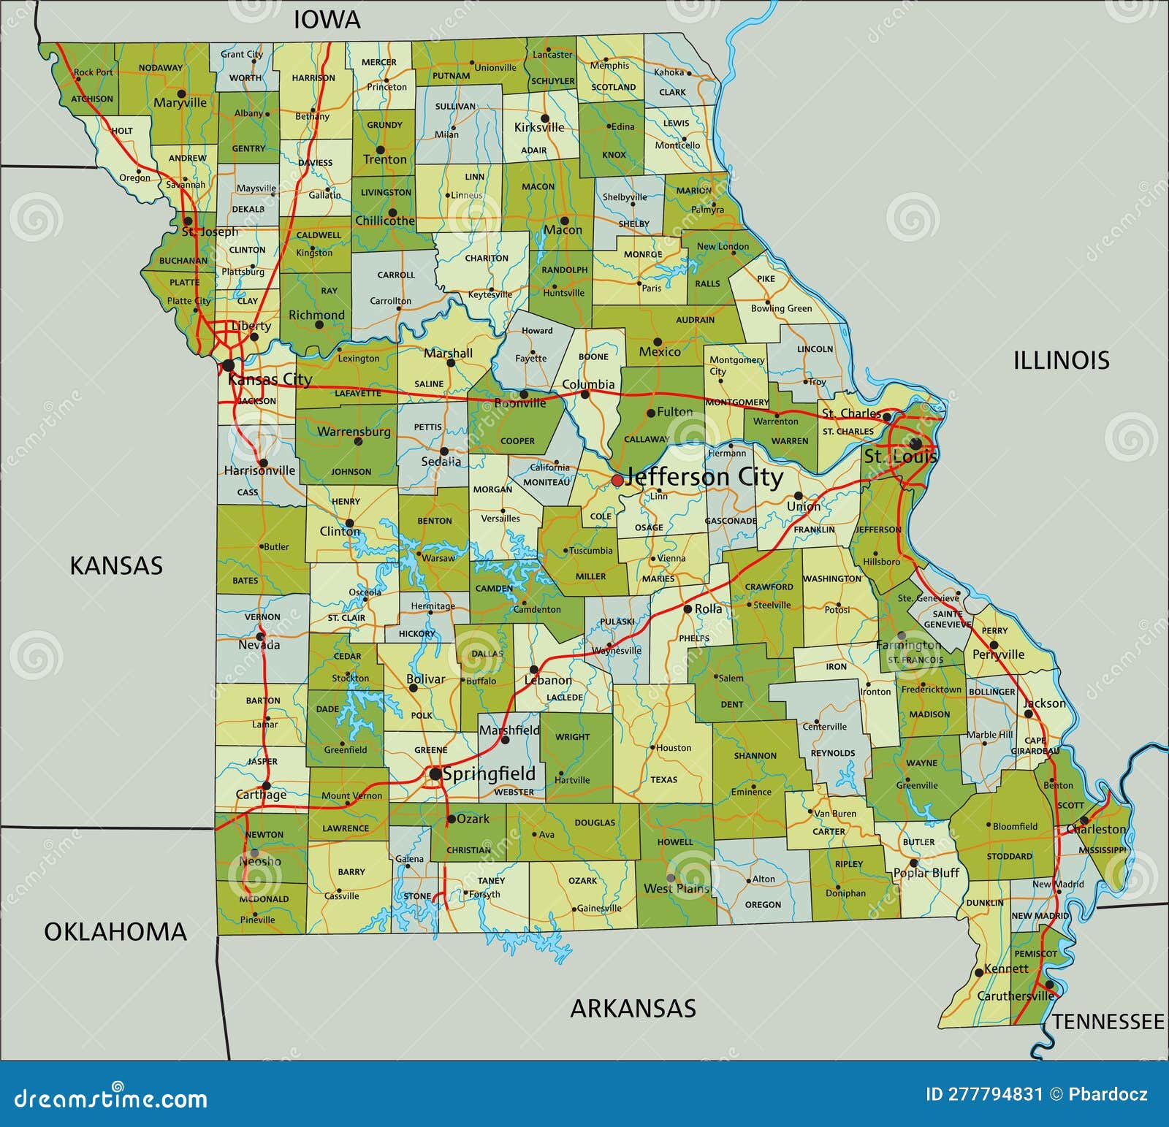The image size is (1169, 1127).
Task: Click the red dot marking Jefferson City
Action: [x=617, y=480]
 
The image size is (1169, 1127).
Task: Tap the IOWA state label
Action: [x=327, y=20]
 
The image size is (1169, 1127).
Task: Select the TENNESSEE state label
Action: [x=1108, y=1021]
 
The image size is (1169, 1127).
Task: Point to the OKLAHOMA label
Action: [x=115, y=931]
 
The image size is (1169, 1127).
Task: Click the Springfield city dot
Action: [x=435, y=773]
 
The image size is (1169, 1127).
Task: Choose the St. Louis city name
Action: [x=900, y=457]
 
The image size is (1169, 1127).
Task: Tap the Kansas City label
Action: [x=270, y=379]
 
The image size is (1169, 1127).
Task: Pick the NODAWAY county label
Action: [x=161, y=68]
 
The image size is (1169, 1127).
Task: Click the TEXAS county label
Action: [x=664, y=779]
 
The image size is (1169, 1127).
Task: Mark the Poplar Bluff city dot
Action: [x=913, y=863]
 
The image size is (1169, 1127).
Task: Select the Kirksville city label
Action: [x=539, y=128]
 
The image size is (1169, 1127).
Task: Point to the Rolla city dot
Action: [x=688, y=608]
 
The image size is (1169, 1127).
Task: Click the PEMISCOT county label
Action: [x=1035, y=953]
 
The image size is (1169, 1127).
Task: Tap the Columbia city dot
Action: [x=584, y=394]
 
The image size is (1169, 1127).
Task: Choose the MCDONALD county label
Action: [x=264, y=899]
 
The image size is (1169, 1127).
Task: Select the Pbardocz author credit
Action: [x=1108, y=1093]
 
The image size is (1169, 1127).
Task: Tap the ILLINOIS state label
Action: [x=1061, y=360]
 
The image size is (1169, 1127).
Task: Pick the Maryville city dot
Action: [x=181, y=93]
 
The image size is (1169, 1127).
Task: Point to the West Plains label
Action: [x=677, y=888]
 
